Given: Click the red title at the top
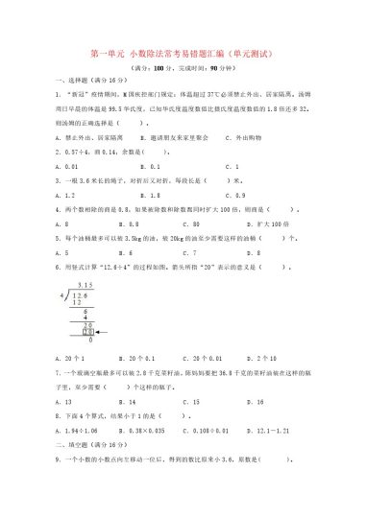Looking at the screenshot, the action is (183, 55).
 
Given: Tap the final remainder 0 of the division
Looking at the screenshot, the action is (90, 341).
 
